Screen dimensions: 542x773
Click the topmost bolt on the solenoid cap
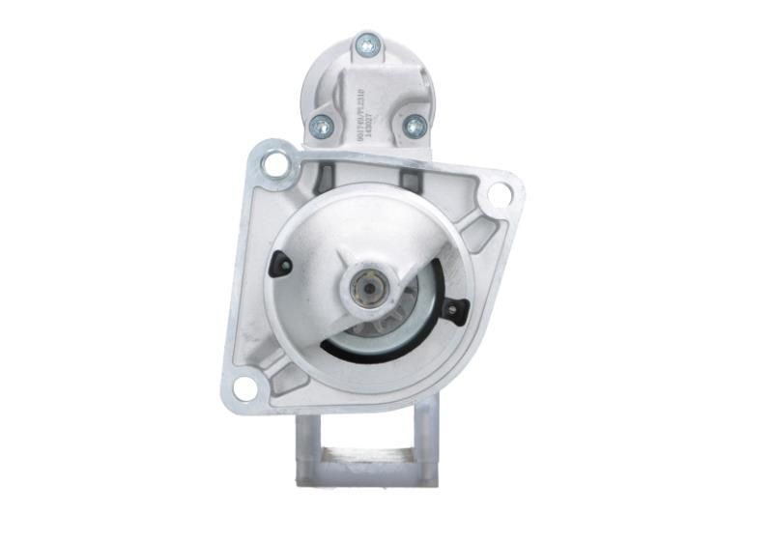point(367,43)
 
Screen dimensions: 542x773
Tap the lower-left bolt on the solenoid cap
point(321,126)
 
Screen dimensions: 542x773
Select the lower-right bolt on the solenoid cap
point(414,126)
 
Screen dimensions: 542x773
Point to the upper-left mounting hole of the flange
point(274,163)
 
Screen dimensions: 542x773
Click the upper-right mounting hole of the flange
point(499,194)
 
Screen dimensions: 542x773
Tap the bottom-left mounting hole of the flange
point(245,388)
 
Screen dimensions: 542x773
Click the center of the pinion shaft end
point(368,289)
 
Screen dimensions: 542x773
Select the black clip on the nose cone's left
point(281,262)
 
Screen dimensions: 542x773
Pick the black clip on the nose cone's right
point(452,309)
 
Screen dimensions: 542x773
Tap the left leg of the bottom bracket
point(308,440)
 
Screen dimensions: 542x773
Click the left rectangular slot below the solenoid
point(326,178)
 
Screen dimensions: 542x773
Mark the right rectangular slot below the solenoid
point(410,180)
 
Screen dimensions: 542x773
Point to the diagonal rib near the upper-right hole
point(476,229)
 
